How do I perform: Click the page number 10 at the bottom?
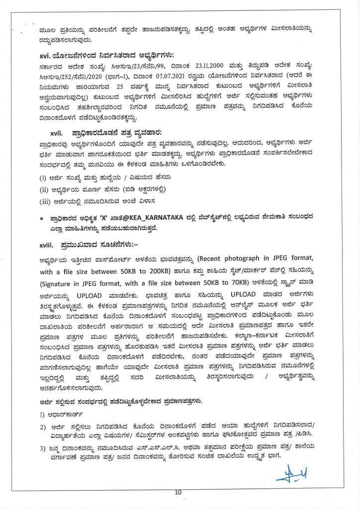tap(178, 493)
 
